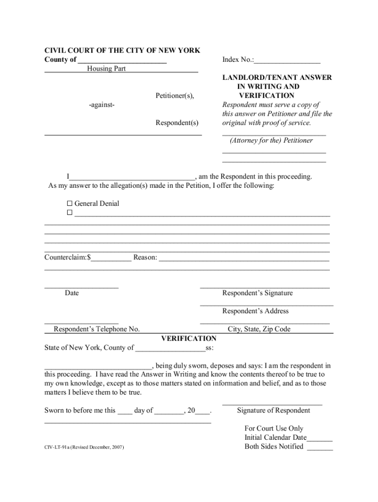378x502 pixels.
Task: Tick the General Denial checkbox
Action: click(x=69, y=203)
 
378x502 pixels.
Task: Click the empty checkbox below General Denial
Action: click(x=69, y=213)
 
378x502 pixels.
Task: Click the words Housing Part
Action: click(x=107, y=69)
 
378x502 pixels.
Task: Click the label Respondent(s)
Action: click(x=177, y=123)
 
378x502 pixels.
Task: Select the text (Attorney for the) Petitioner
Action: click(x=271, y=141)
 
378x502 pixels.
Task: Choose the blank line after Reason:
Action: click(x=244, y=258)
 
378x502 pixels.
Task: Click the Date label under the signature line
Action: click(x=72, y=293)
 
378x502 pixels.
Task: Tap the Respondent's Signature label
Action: click(x=257, y=293)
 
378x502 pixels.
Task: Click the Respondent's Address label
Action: click(x=255, y=311)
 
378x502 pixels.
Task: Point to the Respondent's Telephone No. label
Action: click(x=97, y=329)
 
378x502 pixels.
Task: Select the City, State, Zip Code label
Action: click(x=259, y=329)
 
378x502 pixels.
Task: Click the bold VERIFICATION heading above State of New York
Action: click(x=189, y=339)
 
